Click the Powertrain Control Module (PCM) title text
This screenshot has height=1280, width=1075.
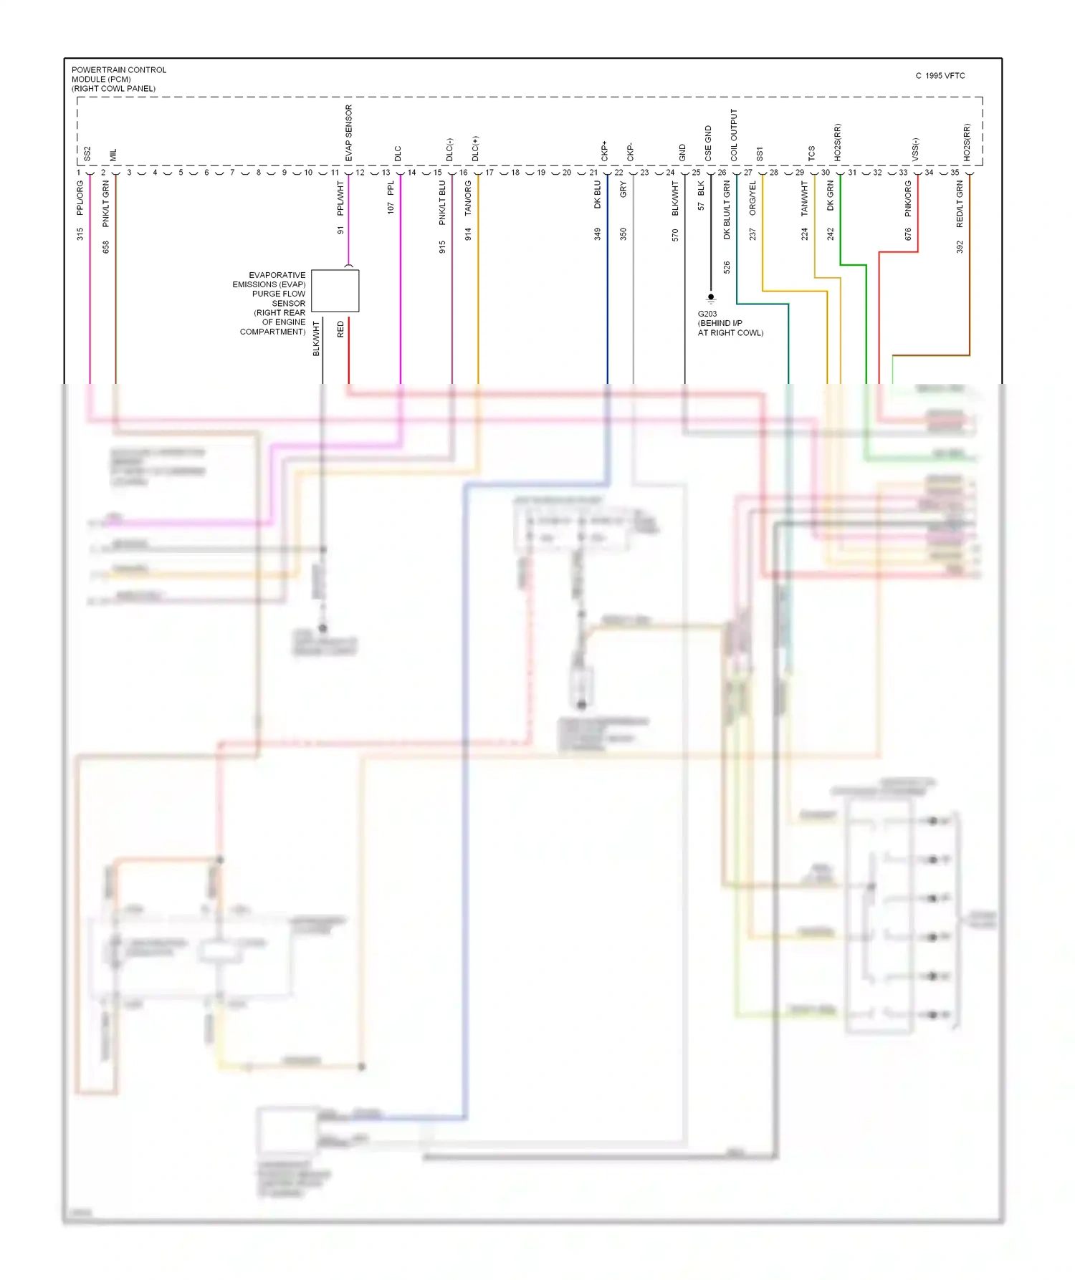click(118, 79)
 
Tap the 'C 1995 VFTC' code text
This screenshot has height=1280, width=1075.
click(940, 76)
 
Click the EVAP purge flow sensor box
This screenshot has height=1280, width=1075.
click(335, 290)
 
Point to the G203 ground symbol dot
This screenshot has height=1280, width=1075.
click(711, 296)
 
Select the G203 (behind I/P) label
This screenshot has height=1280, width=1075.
click(730, 323)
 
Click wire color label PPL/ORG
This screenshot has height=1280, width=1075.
click(80, 198)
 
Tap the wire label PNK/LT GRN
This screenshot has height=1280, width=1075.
click(106, 203)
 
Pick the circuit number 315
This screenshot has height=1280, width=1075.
click(80, 234)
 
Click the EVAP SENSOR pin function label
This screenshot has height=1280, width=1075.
click(349, 133)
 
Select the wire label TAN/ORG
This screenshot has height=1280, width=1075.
click(468, 198)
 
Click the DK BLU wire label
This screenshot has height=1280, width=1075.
click(598, 195)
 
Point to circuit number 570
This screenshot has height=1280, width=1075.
click(675, 234)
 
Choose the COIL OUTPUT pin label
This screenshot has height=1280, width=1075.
click(734, 135)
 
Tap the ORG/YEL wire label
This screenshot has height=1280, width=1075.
click(752, 198)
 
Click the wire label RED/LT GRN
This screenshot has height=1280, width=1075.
click(960, 203)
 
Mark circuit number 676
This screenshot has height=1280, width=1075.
click(908, 234)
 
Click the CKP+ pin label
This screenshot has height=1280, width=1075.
click(604, 150)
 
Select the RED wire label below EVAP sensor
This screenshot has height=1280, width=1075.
click(340, 329)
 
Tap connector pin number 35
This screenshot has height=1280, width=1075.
click(955, 173)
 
